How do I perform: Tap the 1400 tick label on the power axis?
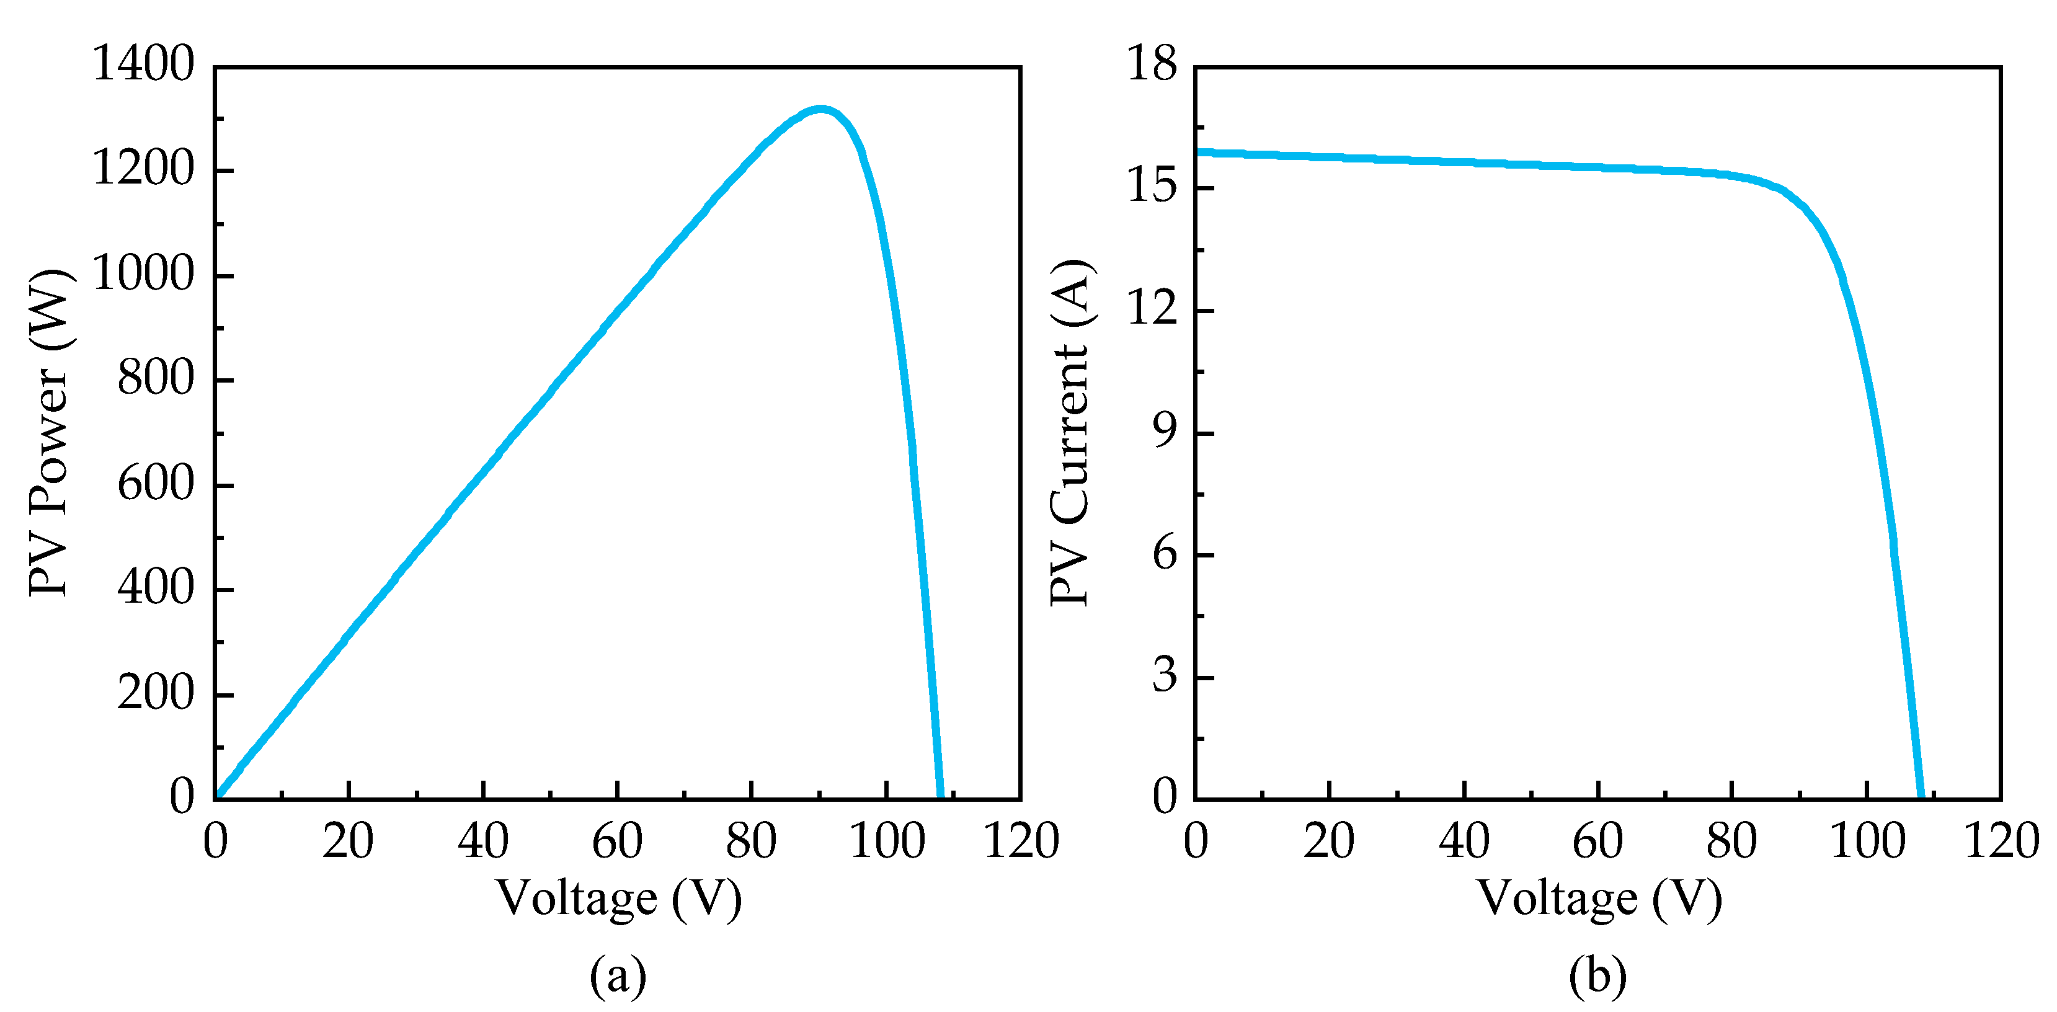tap(143, 64)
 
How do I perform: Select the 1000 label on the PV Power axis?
tap(143, 274)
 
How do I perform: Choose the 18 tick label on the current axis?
tap(1152, 64)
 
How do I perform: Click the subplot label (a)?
tap(617, 976)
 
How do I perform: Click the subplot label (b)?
tap(1597, 976)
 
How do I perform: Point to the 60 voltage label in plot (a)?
tap(616, 841)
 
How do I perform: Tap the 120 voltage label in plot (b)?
tap(2001, 841)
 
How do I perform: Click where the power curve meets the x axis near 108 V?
tap(941, 796)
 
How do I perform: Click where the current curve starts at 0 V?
tap(1197, 152)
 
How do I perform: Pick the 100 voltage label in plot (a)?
tap(886, 841)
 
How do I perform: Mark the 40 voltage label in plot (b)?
tap(1464, 841)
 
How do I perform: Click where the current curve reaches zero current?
tap(1921, 796)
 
